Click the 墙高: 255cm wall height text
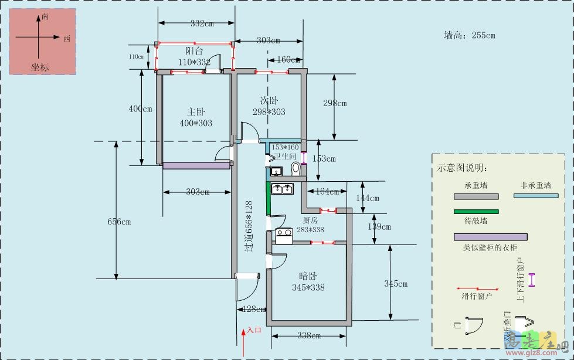coord(469,35)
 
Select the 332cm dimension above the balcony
coord(202,24)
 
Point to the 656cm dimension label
coord(119,222)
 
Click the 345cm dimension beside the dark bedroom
coord(396,284)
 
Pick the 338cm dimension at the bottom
coord(309,336)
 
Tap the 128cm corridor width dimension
coord(250,309)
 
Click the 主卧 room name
coord(196,111)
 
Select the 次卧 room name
coord(269,100)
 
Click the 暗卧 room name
coord(308,276)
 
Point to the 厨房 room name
coord(310,220)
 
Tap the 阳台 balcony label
coord(194,51)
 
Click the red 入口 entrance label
coord(254,330)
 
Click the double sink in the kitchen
coord(281,189)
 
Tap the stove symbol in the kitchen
coord(284,236)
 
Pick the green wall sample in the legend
coord(475,212)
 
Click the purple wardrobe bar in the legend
coord(490,237)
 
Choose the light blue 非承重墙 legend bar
coord(535,196)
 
